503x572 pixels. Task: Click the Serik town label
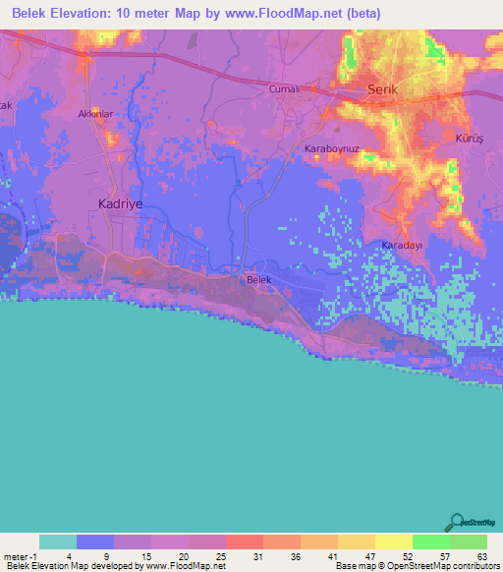pos(380,88)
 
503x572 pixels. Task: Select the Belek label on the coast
pos(257,280)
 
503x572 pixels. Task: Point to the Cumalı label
pos(283,88)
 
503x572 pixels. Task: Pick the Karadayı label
pos(401,245)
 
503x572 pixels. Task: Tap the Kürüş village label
pos(470,140)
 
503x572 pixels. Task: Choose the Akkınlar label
pos(97,114)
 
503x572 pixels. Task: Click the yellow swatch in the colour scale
pos(393,542)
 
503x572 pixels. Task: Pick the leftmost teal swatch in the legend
pos(58,542)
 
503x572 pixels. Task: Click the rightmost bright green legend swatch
pos(468,542)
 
